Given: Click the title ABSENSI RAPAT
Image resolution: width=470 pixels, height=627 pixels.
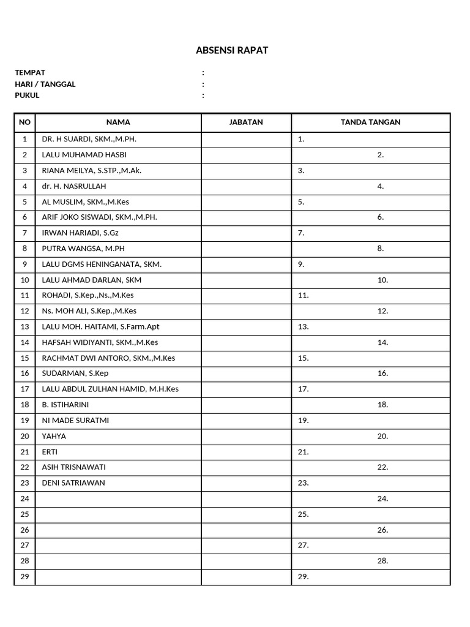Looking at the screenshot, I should click(x=232, y=50).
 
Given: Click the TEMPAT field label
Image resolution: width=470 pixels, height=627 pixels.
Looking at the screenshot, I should click(x=30, y=73).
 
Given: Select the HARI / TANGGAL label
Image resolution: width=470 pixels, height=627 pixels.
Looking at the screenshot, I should click(x=45, y=84).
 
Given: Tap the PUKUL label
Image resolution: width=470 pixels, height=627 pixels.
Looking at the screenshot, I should click(x=27, y=96).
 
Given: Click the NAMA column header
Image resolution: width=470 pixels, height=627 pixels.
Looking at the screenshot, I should click(x=118, y=122).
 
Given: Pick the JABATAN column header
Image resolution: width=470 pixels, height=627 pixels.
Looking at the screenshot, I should click(x=246, y=122).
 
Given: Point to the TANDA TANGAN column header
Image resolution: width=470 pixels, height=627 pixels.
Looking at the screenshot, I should click(x=370, y=122).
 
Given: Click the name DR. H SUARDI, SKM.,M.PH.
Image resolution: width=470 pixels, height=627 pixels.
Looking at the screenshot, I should click(x=89, y=140).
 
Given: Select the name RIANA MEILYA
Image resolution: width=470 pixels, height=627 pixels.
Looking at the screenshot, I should click(x=91, y=171).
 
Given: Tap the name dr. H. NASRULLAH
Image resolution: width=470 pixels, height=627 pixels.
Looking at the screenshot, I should click(x=73, y=186).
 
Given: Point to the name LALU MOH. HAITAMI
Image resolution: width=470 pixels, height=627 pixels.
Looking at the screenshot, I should click(x=100, y=327).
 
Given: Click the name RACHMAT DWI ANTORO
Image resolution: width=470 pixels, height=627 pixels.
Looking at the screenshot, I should click(x=108, y=358).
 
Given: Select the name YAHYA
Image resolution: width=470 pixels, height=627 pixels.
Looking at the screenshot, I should click(x=54, y=437).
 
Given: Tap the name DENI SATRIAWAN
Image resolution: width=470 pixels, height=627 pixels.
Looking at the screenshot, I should click(x=73, y=483).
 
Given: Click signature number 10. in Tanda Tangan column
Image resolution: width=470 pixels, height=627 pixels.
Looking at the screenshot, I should click(x=382, y=280).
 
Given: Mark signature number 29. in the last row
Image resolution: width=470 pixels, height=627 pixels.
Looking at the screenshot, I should click(x=303, y=577).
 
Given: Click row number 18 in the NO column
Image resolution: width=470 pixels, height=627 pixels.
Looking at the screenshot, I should click(x=24, y=405).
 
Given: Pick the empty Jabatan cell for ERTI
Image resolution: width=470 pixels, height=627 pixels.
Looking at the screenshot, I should click(x=246, y=452).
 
